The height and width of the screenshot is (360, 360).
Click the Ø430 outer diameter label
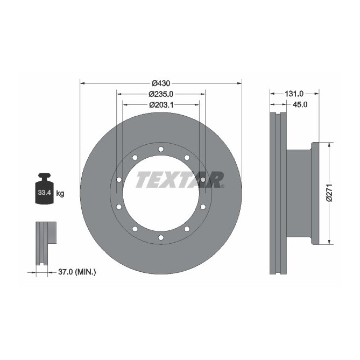click(160, 83)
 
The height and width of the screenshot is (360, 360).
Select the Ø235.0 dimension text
click(160, 94)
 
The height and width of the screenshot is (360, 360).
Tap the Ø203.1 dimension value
click(160, 104)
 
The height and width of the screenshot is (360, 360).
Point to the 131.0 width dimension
click(294, 94)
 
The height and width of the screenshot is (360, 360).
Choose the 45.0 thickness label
click(299, 105)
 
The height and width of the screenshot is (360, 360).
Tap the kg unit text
click(60, 193)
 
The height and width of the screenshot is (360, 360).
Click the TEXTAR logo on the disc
click(180, 179)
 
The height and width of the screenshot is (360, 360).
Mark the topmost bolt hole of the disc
click(160, 149)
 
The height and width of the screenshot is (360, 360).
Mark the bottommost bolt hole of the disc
click(160, 237)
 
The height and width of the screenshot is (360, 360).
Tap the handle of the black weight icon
click(44, 176)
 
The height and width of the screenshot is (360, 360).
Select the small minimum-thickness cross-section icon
click(45, 243)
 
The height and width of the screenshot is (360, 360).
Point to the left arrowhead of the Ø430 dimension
click(82, 83)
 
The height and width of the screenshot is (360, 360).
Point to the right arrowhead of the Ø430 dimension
click(238, 83)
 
